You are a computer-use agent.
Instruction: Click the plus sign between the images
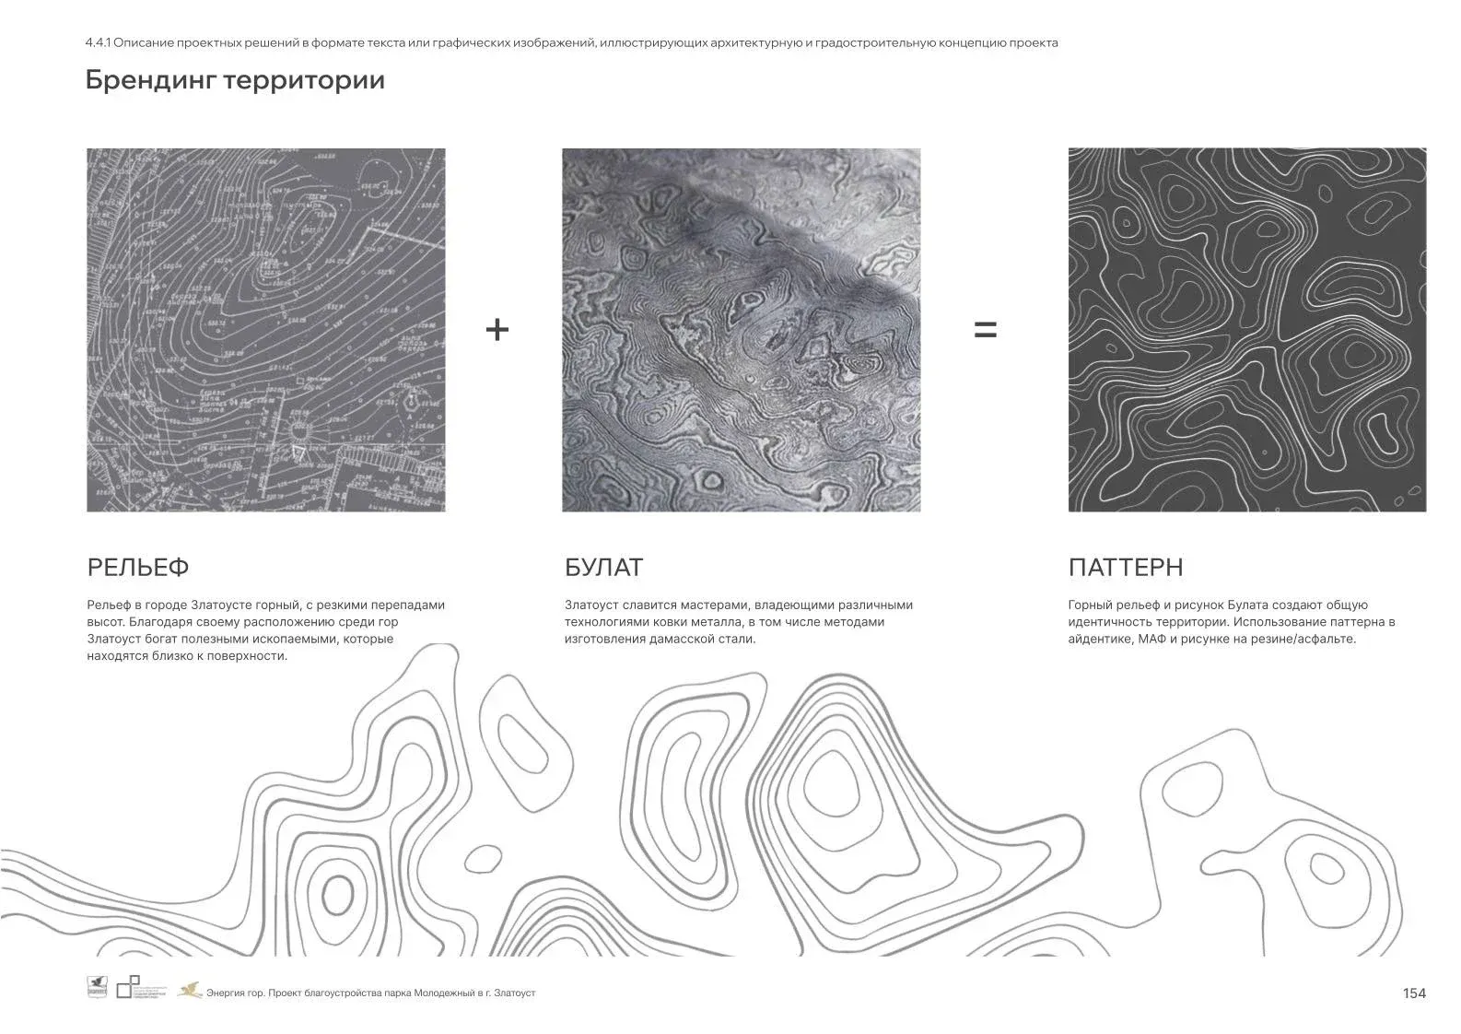[x=497, y=329]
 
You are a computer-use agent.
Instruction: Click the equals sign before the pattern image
[x=985, y=329]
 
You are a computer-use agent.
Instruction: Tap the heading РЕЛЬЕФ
[x=138, y=568]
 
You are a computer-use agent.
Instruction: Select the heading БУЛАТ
[x=603, y=568]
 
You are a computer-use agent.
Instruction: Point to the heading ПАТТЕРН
[x=1126, y=568]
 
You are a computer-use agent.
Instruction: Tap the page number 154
[x=1414, y=993]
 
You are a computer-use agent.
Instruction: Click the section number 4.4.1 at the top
[x=97, y=42]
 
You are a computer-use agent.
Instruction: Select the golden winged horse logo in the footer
[x=191, y=990]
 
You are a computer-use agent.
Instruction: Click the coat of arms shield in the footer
[x=97, y=987]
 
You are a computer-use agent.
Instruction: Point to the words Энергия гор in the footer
[x=234, y=993]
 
